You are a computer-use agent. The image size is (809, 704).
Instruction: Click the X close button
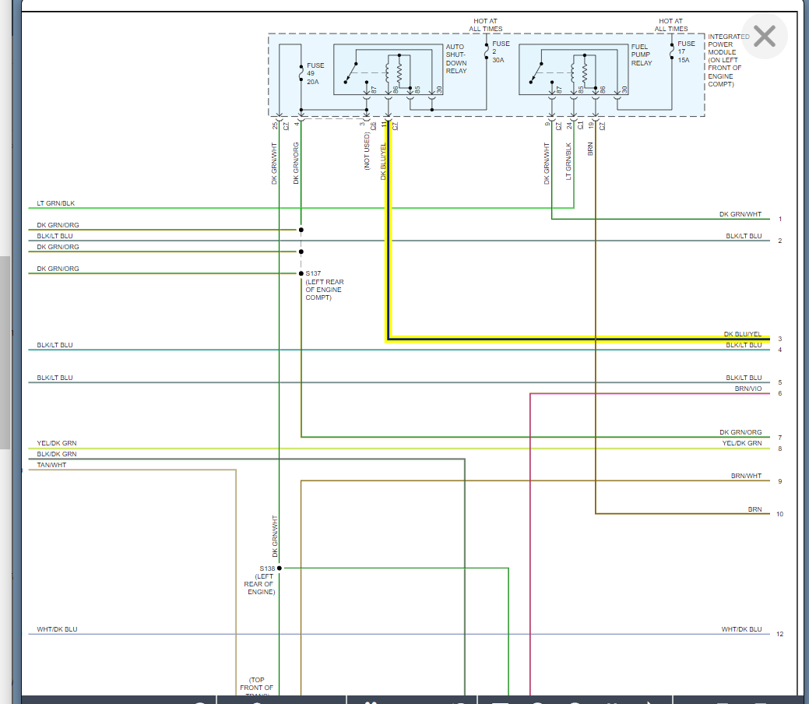pyautogui.click(x=765, y=36)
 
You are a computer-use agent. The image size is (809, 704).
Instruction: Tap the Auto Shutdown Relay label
pyautogui.click(x=456, y=59)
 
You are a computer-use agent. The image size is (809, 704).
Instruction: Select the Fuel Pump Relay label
pyautogui.click(x=641, y=55)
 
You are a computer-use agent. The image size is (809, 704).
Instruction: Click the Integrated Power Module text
pyautogui.click(x=729, y=60)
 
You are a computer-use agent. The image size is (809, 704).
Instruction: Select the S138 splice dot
pyautogui.click(x=280, y=568)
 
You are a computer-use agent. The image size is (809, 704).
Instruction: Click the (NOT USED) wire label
pyautogui.click(x=367, y=151)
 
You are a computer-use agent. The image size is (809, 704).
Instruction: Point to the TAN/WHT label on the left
pyautogui.click(x=51, y=465)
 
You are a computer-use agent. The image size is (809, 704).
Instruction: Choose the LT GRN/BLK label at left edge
pyautogui.click(x=56, y=204)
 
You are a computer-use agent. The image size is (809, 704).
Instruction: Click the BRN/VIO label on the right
pyautogui.click(x=747, y=388)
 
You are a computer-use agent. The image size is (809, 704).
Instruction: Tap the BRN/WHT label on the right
pyautogui.click(x=746, y=476)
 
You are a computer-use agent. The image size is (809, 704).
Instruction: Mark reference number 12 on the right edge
pyautogui.click(x=779, y=634)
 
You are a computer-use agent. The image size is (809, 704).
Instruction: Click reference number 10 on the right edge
pyautogui.click(x=779, y=514)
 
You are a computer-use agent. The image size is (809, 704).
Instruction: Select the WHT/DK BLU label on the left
pyautogui.click(x=57, y=629)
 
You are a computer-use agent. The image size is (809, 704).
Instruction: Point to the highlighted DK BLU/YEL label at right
pyautogui.click(x=742, y=334)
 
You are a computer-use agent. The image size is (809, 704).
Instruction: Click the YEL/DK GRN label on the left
pyautogui.click(x=57, y=443)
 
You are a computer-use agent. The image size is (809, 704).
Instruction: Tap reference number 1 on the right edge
pyautogui.click(x=779, y=220)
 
